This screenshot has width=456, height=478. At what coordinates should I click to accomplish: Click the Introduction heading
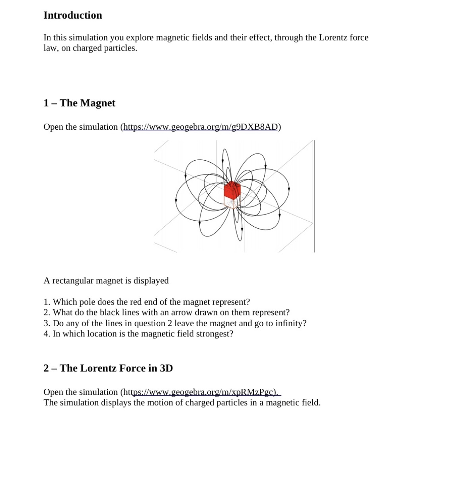(73, 15)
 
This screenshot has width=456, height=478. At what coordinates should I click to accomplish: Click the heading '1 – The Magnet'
(79, 103)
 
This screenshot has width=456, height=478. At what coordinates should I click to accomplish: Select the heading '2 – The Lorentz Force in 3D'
(108, 368)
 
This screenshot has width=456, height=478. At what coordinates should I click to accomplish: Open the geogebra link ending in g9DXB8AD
(201, 127)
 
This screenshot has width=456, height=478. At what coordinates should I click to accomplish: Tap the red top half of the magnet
(232, 189)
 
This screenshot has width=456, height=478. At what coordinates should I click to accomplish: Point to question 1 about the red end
(147, 302)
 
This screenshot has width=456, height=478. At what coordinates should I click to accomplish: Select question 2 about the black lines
(167, 313)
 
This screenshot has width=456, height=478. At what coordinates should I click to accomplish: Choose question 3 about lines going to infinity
(175, 323)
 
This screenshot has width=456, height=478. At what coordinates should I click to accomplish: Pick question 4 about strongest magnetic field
(138, 334)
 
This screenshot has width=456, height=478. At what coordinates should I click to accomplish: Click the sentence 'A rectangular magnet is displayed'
(106, 281)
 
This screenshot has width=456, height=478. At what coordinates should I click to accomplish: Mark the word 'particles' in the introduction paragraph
(119, 48)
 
